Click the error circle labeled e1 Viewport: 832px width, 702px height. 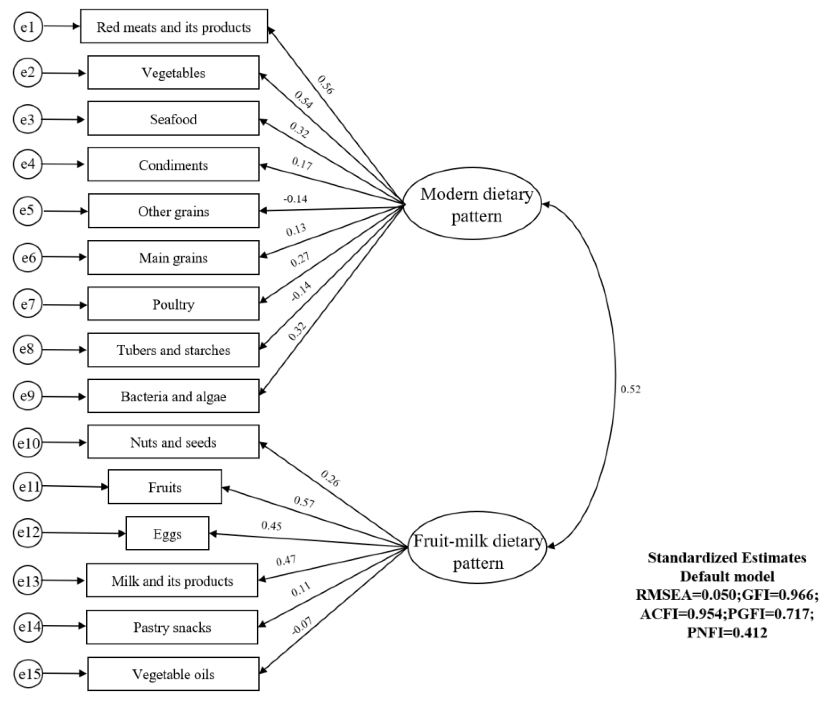[28, 27]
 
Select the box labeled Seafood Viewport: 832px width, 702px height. [173, 119]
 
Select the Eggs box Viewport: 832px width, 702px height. [167, 534]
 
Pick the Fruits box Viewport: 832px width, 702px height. [165, 487]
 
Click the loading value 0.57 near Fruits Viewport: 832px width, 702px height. [304, 502]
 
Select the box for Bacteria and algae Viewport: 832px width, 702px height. [173, 396]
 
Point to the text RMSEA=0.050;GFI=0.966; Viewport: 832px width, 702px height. [727, 595]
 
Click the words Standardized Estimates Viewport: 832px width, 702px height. [727, 557]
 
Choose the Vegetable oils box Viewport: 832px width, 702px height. [173, 674]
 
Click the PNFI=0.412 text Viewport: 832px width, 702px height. [727, 632]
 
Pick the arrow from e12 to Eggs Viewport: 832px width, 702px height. [84, 533]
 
